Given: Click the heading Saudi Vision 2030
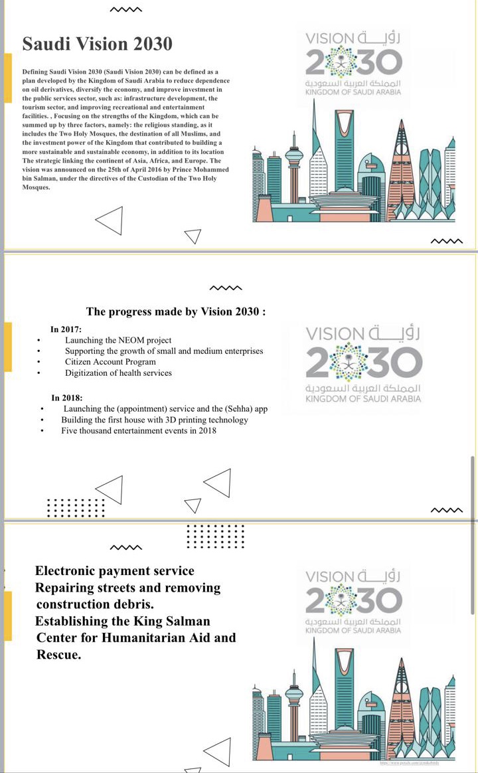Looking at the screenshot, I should coord(97,44).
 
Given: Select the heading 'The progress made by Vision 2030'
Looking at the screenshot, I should coord(176,312).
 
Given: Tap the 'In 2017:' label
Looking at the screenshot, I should coord(66,329).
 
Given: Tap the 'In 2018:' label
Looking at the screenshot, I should coord(66,398).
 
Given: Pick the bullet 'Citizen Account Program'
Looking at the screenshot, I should coord(110,362).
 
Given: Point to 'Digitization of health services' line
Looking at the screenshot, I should coord(118,373).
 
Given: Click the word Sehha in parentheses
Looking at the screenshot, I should coord(230,409).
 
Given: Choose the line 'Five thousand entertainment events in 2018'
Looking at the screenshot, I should coord(138,431).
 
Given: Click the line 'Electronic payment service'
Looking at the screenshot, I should coord(115,571).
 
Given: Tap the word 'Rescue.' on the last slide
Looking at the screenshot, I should coord(59,655).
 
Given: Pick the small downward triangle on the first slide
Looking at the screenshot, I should coord(192,236).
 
